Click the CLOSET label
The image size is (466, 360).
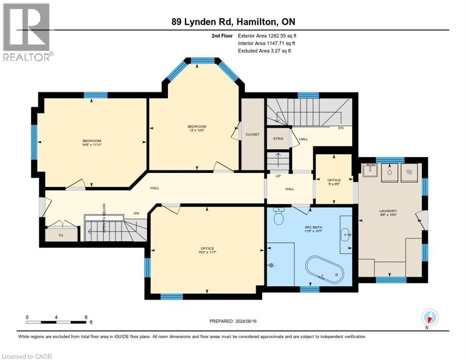pos(252,135)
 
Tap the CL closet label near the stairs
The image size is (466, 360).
pos(61,234)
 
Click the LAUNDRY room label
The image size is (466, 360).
pos(388,211)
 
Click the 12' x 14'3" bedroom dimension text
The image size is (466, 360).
pos(197,130)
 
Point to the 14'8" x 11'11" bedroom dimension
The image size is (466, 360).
pos(92,145)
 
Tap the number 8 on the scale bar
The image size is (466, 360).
pos(85,317)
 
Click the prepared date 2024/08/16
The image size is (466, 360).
pos(233,321)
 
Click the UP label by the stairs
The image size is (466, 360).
pos(278,177)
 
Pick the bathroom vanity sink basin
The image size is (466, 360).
pos(345,232)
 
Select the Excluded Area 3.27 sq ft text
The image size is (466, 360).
pos(264,51)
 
